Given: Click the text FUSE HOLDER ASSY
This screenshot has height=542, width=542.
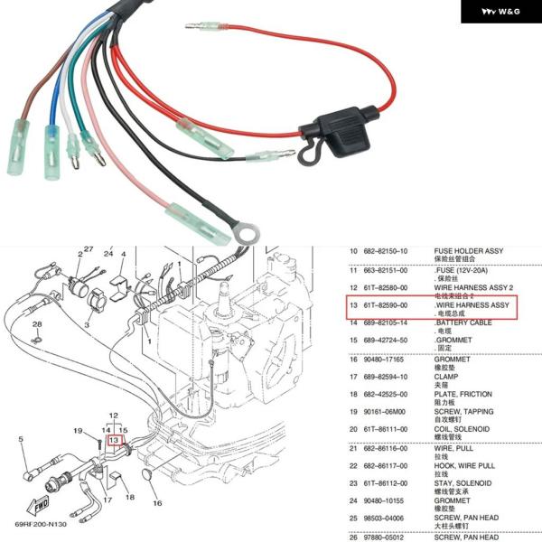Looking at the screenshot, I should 469,250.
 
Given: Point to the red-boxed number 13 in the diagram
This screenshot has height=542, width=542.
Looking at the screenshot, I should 114,441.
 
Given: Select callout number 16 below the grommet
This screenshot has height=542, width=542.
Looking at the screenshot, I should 156,502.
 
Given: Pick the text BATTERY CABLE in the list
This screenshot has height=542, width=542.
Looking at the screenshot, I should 463,322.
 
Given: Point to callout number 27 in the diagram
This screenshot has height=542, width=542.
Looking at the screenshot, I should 89,248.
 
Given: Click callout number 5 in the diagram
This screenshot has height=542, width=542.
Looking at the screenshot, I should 20,439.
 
